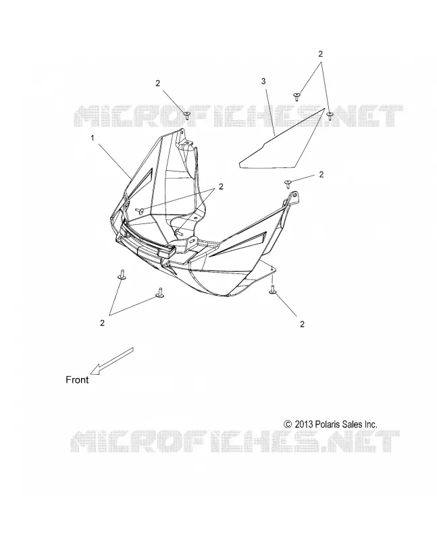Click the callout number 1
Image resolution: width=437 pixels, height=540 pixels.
click(x=93, y=138)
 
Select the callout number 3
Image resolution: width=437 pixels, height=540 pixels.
click(x=263, y=81)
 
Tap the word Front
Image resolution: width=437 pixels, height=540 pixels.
click(x=77, y=379)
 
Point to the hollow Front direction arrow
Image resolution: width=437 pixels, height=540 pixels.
click(x=111, y=361)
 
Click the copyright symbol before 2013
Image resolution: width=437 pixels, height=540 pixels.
click(x=288, y=424)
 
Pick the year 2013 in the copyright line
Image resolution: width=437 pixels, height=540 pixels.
click(x=304, y=424)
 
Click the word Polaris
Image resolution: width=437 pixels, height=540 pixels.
click(x=328, y=424)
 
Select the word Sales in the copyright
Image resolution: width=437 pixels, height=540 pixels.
click(x=352, y=424)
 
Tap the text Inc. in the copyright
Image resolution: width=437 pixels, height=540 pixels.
click(x=371, y=424)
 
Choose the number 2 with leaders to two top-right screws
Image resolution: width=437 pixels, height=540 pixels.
click(x=321, y=54)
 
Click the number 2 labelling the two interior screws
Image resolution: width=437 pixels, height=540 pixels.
click(x=221, y=186)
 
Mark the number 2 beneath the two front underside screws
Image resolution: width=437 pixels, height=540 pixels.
click(x=102, y=323)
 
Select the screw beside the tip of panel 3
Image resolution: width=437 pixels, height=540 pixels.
click(x=330, y=115)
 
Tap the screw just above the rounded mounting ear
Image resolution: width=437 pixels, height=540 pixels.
click(x=288, y=184)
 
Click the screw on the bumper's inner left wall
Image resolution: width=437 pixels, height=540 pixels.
click(x=140, y=211)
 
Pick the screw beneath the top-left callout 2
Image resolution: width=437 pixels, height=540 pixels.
click(x=186, y=115)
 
